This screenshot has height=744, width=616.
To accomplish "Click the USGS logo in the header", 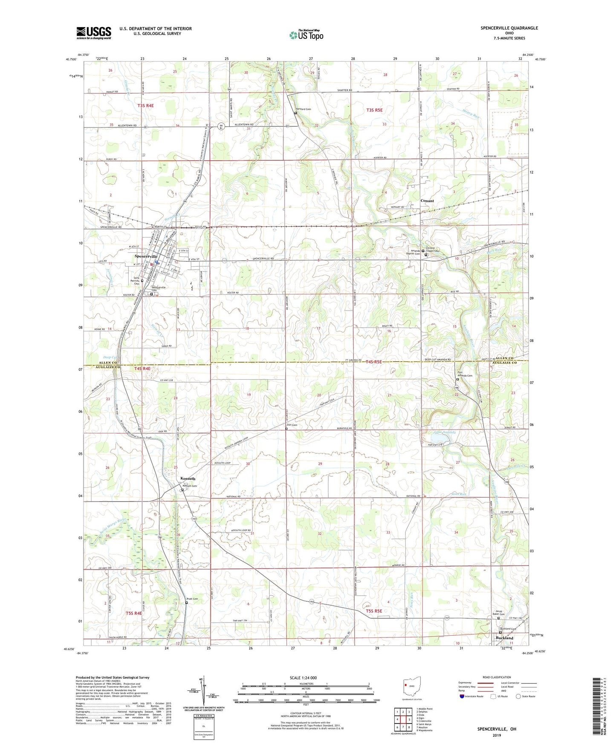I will (94, 32).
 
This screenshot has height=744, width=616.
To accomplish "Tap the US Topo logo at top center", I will (306, 35).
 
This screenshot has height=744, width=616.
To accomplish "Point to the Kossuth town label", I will (188, 479).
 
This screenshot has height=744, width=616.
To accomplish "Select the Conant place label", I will (427, 201).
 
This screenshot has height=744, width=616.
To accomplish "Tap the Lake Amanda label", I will (445, 432).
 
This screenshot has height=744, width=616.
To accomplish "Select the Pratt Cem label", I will (192, 599).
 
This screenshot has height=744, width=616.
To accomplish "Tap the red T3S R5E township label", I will (375, 110).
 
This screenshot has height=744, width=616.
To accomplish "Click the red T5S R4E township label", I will (133, 613).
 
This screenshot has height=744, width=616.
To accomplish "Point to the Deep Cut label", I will (110, 357).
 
